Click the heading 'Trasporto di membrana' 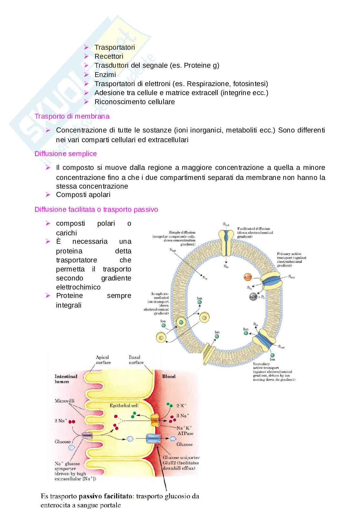point(72,116)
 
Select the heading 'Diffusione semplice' point(65,154)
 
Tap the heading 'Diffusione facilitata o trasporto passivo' point(96,210)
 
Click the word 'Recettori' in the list point(109,56)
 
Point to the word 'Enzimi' point(105,75)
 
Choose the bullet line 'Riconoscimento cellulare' point(135,102)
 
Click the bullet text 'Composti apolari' point(83,195)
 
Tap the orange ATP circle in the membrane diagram point(247,277)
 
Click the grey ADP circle point(253,297)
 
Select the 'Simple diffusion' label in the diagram point(182,232)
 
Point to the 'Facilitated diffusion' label point(254,229)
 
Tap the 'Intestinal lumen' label point(66,379)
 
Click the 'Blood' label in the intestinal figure point(168,376)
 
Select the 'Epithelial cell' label point(124,406)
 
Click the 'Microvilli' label point(65,401)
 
